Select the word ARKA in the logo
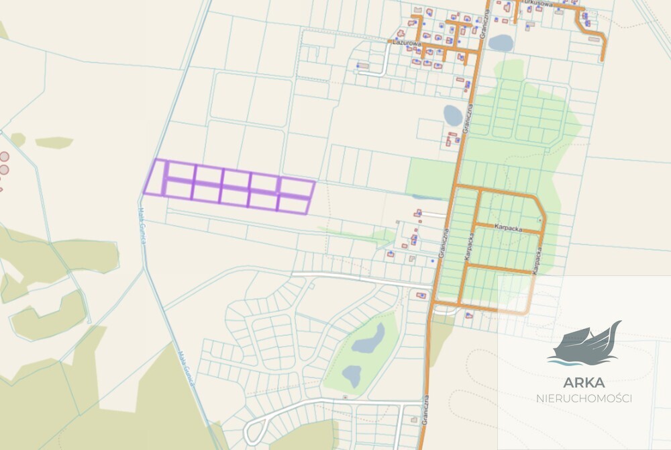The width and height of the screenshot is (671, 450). click(584, 383)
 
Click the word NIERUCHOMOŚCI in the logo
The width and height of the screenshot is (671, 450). click(584, 398)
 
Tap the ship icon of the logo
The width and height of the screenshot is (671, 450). click(584, 345)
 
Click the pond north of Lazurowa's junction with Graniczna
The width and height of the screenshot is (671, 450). click(501, 43)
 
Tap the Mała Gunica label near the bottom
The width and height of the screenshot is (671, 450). click(184, 367)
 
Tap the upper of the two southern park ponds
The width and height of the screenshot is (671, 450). click(368, 339)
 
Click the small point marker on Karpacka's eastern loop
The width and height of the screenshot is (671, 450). click(540, 220)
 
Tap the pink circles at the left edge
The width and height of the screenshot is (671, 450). click(4, 162)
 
